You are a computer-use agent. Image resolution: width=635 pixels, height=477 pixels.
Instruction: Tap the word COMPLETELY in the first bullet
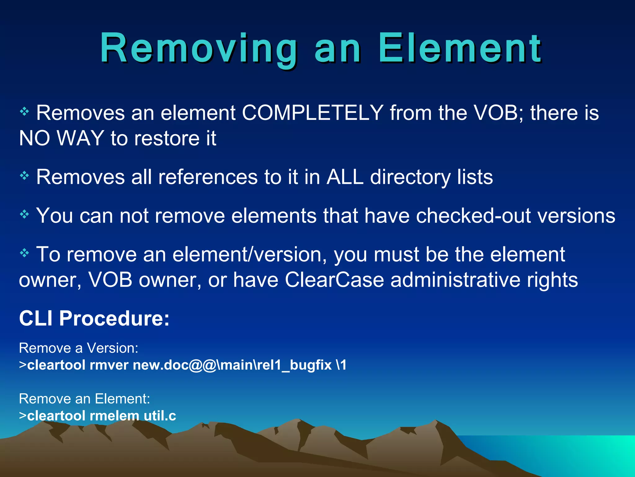[x=313, y=113]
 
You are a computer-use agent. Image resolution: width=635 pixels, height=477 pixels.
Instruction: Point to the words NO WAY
[x=61, y=138]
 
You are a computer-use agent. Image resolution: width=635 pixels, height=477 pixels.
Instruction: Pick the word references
[x=208, y=177]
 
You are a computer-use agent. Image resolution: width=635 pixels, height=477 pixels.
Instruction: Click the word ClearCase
[x=334, y=280]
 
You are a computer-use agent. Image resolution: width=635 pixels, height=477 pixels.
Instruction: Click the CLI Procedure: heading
[x=94, y=318]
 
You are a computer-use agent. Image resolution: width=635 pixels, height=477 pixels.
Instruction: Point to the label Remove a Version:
[x=78, y=348]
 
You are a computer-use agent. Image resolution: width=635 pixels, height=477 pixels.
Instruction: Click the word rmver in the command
[x=109, y=365]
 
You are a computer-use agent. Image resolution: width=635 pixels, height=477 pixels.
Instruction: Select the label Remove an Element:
[x=84, y=399]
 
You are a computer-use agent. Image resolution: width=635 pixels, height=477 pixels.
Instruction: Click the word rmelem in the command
[x=114, y=416]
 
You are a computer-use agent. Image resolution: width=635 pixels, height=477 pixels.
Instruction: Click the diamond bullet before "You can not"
[x=24, y=214]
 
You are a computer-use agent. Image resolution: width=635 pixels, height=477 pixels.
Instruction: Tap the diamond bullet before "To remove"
[x=24, y=253]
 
